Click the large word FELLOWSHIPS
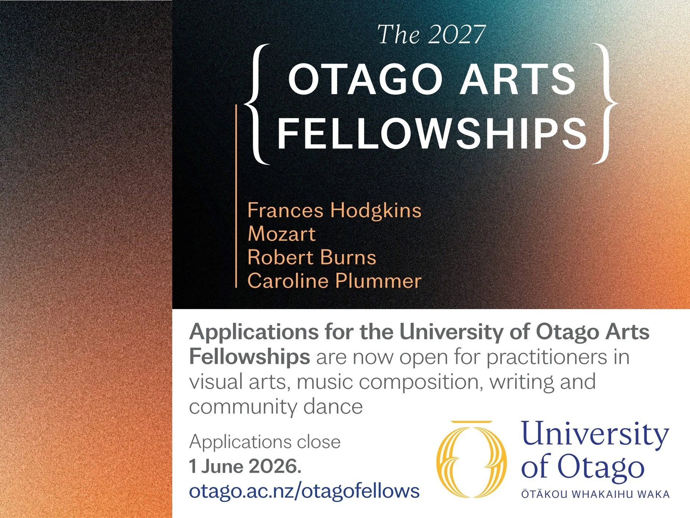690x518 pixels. point(432,133)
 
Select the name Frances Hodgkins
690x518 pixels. point(334,210)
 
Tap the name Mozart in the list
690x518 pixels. point(282,234)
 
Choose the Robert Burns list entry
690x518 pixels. point(312,257)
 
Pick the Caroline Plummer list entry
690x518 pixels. point(334,281)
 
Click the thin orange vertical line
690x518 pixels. point(236,195)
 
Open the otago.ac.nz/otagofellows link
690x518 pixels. point(304,491)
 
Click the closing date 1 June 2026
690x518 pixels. point(245,466)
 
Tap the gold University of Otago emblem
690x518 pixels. point(471,459)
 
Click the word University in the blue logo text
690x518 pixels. point(595,435)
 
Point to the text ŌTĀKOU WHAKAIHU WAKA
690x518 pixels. point(595,494)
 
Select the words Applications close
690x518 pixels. point(265,442)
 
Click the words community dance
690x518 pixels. point(276,407)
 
